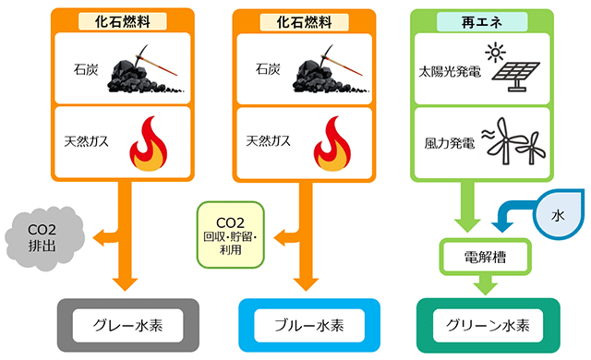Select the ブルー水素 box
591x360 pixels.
point(309,326)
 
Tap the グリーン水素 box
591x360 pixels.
point(489,326)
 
